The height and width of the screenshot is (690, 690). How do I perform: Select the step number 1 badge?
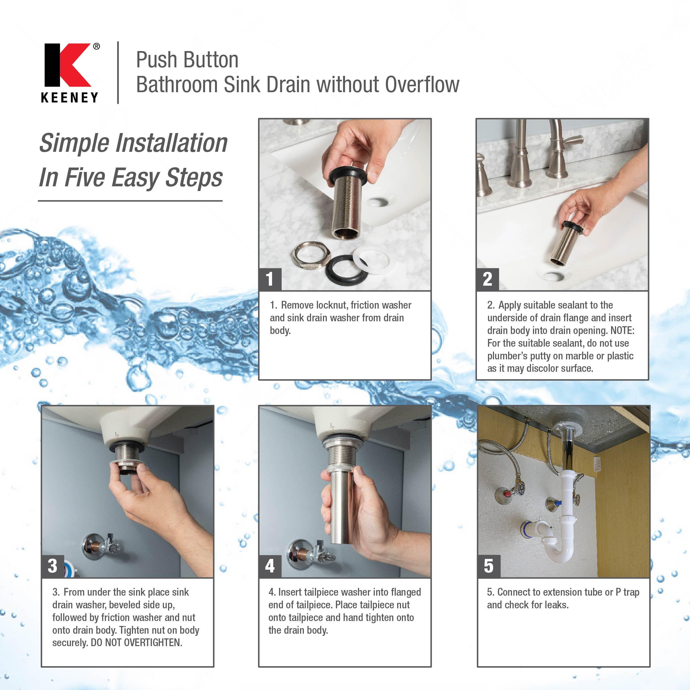[270, 279]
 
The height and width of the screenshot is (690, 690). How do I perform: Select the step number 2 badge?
[487, 279]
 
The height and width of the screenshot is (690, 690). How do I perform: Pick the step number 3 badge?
[52, 566]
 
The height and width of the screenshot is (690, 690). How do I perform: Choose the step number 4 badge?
[270, 566]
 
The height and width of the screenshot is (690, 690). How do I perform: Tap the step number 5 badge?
[489, 566]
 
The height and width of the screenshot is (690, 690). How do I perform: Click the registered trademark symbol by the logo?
[96, 46]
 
